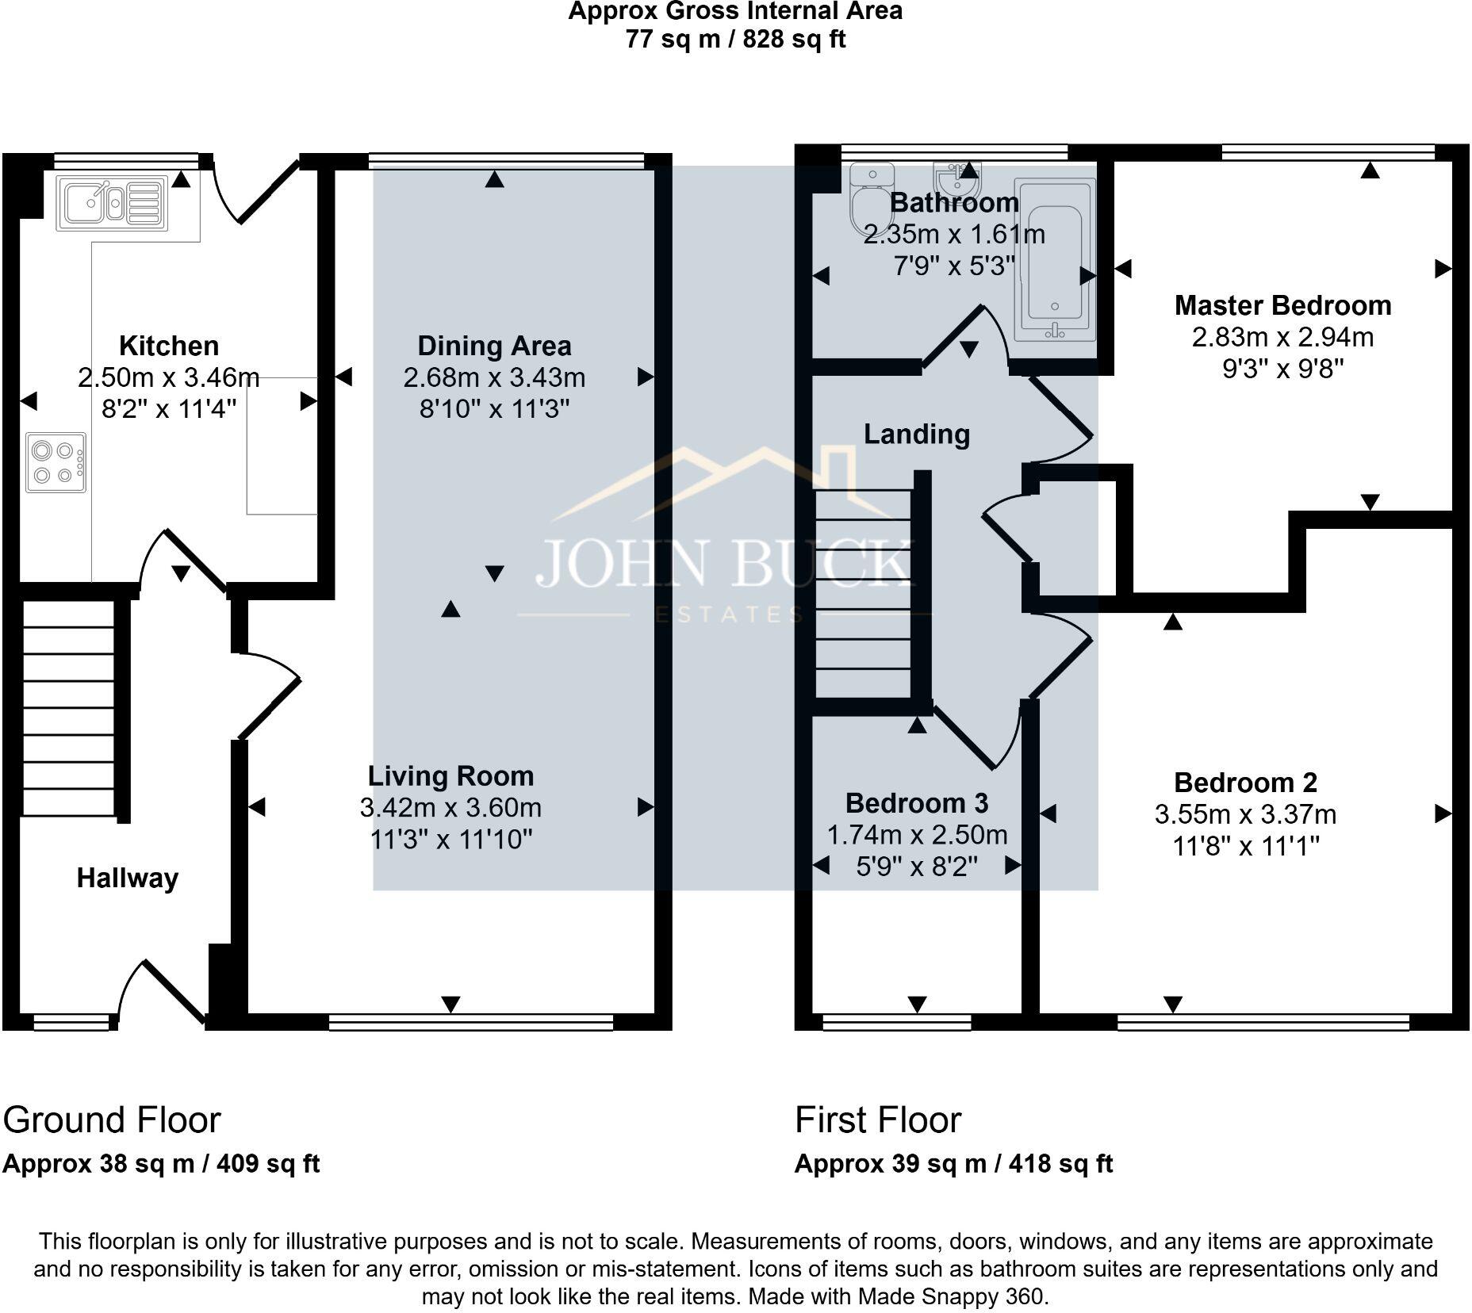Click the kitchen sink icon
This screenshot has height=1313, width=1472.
click(x=112, y=203)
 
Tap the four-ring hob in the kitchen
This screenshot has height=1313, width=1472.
click(x=56, y=462)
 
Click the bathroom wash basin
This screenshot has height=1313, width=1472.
click(x=958, y=179)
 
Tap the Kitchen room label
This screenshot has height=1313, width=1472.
click(x=168, y=346)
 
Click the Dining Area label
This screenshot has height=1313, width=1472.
click(x=494, y=346)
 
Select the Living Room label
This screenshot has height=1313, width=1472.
click(x=450, y=775)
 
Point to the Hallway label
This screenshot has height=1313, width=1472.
click(x=127, y=878)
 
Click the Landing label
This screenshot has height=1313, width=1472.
click(x=916, y=434)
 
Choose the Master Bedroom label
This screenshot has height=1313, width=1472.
click(x=1282, y=305)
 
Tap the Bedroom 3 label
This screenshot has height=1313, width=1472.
click(x=916, y=803)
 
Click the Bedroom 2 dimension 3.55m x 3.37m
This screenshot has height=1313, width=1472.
click(x=1245, y=814)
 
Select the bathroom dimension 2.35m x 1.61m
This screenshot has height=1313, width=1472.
click(x=953, y=234)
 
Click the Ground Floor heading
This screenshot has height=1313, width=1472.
click(x=112, y=1120)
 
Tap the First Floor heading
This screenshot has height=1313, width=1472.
click(x=877, y=1120)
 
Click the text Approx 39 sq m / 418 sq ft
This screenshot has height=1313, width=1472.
click(x=953, y=1163)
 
